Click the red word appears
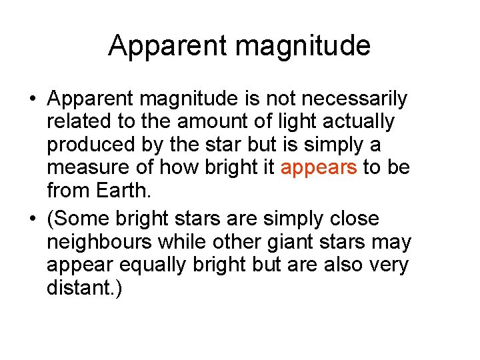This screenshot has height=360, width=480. pos(319,167)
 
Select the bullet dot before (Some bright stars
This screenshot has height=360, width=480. pos(32,219)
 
